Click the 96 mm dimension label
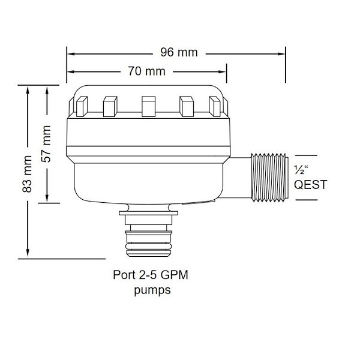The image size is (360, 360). (x=179, y=52)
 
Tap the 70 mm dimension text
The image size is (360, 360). (x=147, y=71)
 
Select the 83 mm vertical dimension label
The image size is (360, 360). (x=27, y=174)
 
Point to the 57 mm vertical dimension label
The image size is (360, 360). (x=46, y=144)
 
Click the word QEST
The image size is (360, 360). (x=310, y=185)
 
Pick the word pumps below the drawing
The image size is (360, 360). (x=152, y=290)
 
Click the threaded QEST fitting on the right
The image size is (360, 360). (x=270, y=178)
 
